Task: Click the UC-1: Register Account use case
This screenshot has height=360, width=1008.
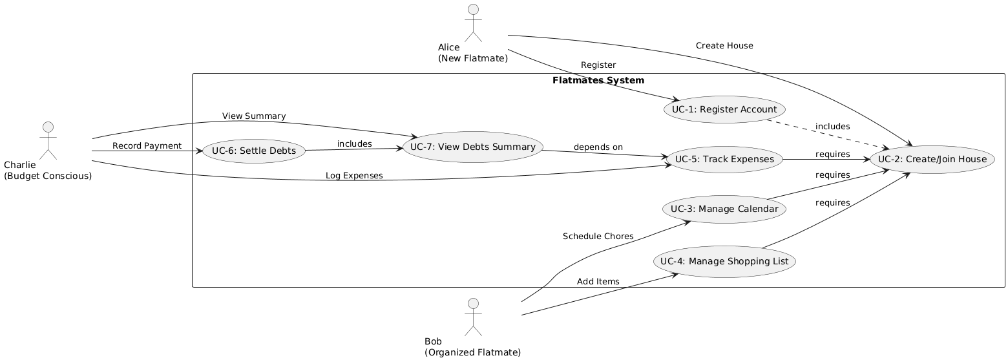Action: tap(724, 109)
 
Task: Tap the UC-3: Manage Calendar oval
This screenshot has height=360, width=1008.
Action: tap(724, 209)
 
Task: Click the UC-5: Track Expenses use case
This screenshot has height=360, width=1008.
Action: tap(724, 159)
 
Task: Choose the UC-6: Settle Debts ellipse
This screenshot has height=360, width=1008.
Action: tap(254, 151)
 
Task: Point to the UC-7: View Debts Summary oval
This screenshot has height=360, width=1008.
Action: tap(472, 147)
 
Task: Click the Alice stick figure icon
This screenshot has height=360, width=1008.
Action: tap(473, 22)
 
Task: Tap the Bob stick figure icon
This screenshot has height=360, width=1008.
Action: tap(473, 317)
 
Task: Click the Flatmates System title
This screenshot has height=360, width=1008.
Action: tap(598, 81)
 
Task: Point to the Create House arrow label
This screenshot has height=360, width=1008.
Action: tap(724, 46)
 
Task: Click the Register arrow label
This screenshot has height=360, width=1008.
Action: tap(598, 65)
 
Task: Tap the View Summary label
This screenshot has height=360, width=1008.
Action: tap(254, 116)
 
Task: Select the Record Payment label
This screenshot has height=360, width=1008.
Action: tap(147, 145)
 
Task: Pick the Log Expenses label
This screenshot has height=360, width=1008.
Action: tap(354, 175)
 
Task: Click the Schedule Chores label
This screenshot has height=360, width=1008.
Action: tap(598, 236)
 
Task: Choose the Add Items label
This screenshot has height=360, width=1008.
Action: tap(598, 281)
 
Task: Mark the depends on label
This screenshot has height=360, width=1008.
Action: tap(598, 147)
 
